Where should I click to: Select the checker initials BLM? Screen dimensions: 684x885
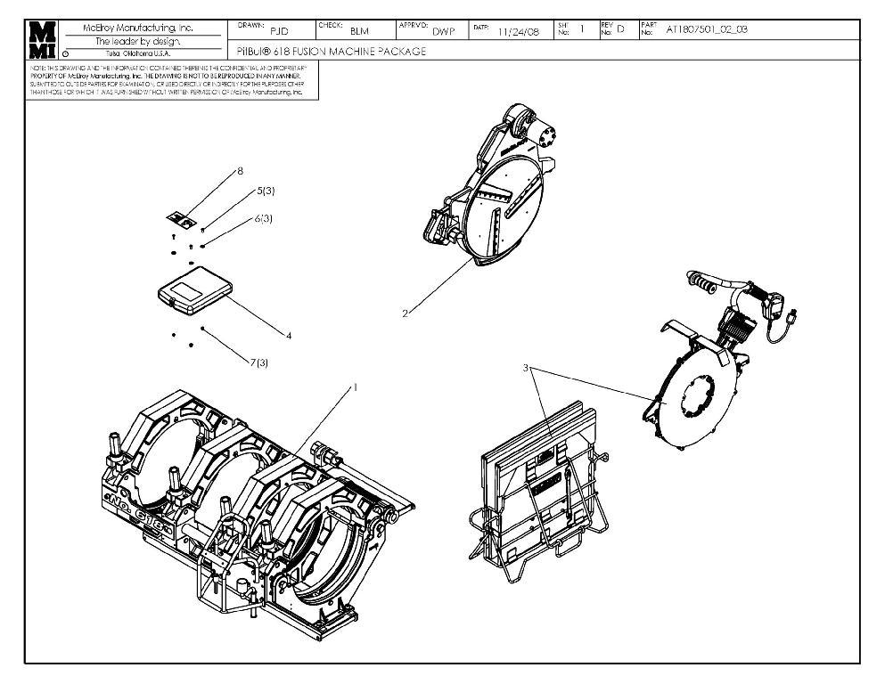click(359, 31)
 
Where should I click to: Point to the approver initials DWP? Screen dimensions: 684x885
click(443, 31)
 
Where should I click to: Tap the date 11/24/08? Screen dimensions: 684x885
click(517, 31)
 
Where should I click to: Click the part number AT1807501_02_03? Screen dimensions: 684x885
click(707, 29)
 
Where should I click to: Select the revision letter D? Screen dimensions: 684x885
click(621, 30)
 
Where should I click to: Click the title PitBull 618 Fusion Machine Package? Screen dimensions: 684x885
click(332, 52)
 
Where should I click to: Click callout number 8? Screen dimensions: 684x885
click(240, 170)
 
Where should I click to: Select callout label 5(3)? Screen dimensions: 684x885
click(265, 191)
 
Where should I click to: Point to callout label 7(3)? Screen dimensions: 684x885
click(258, 364)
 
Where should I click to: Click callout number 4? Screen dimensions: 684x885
click(289, 336)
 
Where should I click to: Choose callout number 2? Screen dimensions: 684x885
click(405, 313)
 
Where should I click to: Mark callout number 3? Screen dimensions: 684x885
click(527, 367)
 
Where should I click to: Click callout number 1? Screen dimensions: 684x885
click(355, 387)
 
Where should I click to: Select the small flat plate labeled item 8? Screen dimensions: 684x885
click(182, 217)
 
